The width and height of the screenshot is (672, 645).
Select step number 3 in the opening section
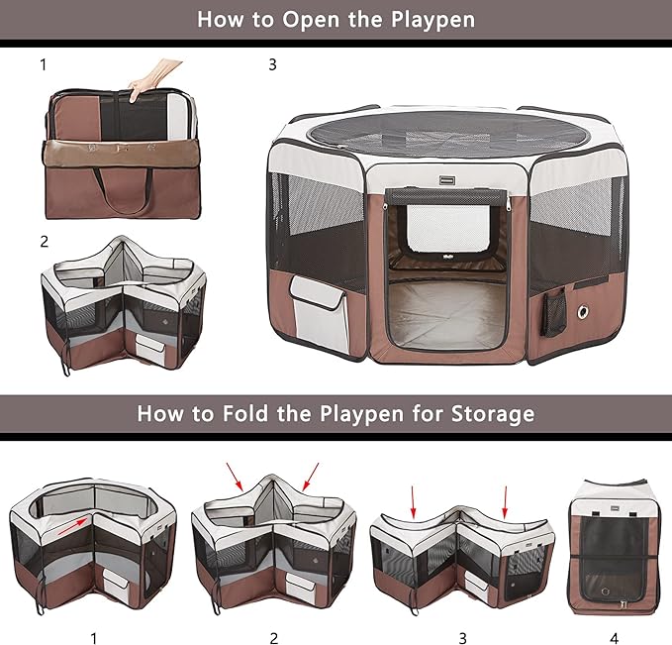pyautogui.click(x=272, y=65)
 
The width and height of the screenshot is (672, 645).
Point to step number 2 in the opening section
pyautogui.click(x=44, y=241)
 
